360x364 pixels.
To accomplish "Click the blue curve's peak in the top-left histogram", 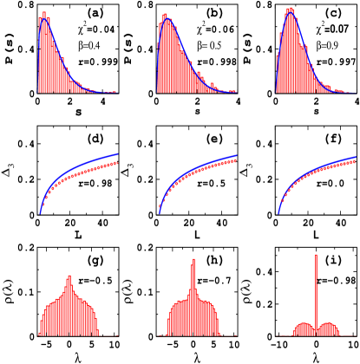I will pyautogui.click(x=43, y=18).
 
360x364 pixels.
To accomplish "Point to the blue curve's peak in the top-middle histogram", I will pyautogui.click(x=168, y=19).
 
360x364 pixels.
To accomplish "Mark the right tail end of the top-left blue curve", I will pyautogui.click(x=116, y=92).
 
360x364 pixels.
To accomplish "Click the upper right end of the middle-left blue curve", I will pyautogui.click(x=117, y=153).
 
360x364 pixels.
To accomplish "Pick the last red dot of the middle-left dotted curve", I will pyautogui.click(x=116, y=162).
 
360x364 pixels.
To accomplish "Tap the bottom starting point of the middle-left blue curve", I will pyautogui.click(x=40, y=213).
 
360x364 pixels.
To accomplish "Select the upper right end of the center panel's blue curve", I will pyautogui.click(x=237, y=155).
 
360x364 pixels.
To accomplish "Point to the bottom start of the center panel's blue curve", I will pyautogui.click(x=159, y=213).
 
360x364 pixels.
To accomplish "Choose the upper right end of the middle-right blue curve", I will pyautogui.click(x=357, y=157).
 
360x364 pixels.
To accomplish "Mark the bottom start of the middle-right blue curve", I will pyautogui.click(x=278, y=213).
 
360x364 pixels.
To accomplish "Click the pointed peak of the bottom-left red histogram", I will pyautogui.click(x=69, y=276).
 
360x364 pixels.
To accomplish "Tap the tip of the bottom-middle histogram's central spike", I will pyautogui.click(x=193, y=258).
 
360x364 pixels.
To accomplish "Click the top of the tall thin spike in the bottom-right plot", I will pyautogui.click(x=316, y=255).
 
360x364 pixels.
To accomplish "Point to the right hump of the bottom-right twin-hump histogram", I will pyautogui.click(x=329, y=325).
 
